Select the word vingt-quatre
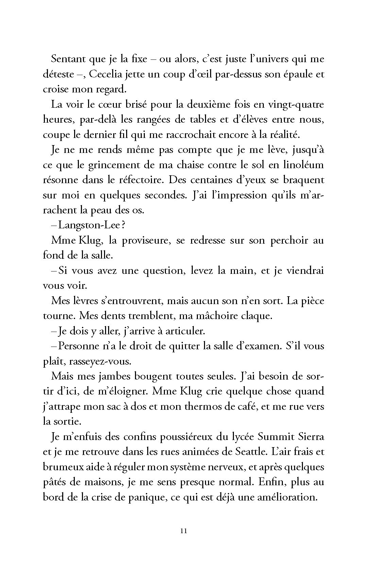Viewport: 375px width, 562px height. tap(294, 104)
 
